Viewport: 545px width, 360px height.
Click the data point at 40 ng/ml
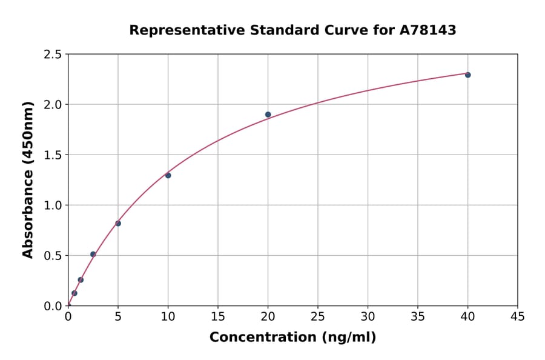click(x=467, y=75)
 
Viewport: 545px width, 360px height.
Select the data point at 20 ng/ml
click(x=268, y=115)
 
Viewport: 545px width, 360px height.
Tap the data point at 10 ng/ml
click(x=168, y=175)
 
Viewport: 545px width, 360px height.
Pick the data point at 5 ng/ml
click(x=118, y=223)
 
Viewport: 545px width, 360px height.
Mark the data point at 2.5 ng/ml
click(x=93, y=254)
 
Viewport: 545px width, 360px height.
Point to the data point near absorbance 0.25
click(x=81, y=279)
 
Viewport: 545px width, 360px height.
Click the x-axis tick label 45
click(x=517, y=316)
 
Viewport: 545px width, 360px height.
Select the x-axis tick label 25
click(x=317, y=316)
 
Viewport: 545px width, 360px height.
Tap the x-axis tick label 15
click(x=217, y=316)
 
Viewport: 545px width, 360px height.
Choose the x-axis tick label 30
click(x=368, y=316)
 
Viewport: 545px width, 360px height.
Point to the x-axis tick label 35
click(x=417, y=316)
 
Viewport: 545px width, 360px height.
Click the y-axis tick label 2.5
click(x=53, y=55)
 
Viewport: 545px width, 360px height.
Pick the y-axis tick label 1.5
click(x=53, y=155)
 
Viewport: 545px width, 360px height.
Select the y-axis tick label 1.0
click(x=53, y=205)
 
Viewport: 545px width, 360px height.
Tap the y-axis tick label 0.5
click(x=53, y=256)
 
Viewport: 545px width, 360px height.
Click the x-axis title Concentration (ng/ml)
click(x=292, y=338)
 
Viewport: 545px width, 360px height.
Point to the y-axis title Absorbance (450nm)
click(x=28, y=179)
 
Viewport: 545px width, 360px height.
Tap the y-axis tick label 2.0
click(x=53, y=105)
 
